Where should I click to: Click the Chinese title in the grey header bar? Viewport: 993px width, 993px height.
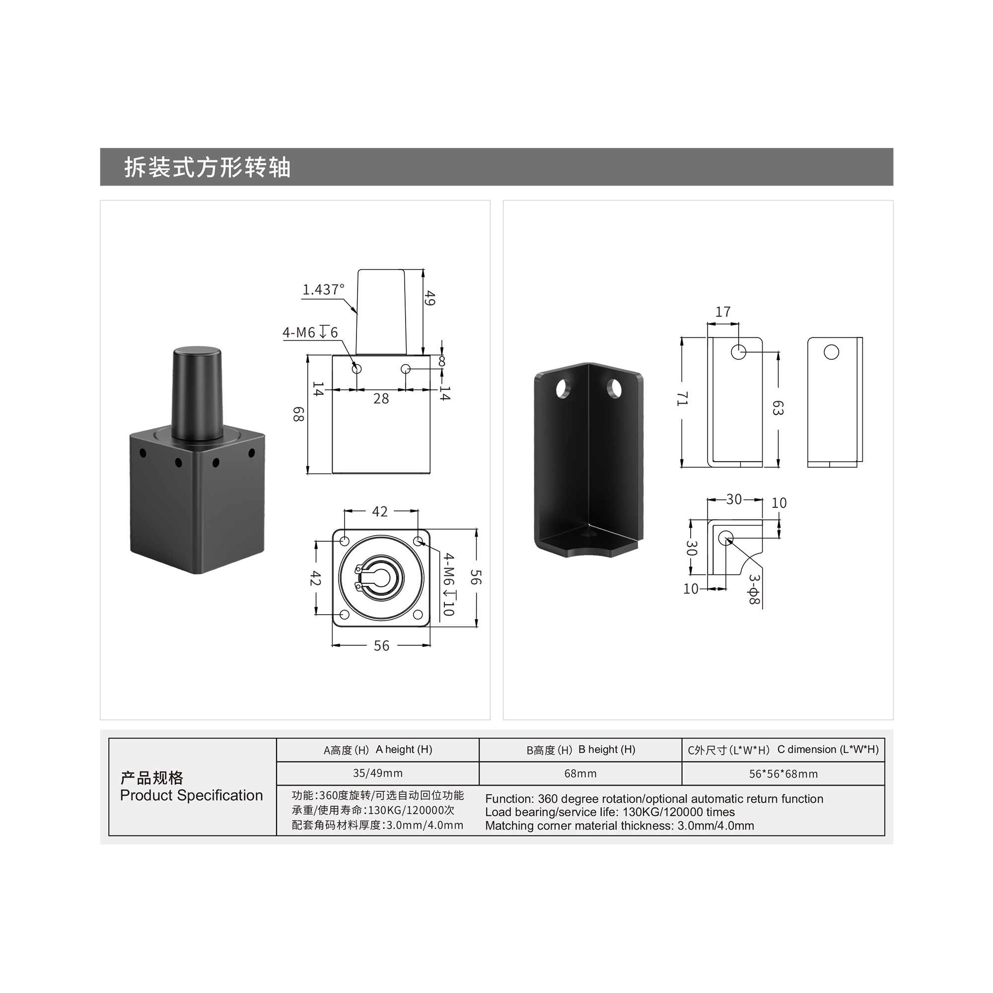[x=208, y=167]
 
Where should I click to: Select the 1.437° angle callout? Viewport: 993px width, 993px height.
[x=323, y=290]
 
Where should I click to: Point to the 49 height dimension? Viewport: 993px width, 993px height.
[x=430, y=298]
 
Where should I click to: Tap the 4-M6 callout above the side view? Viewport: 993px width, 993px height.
[x=310, y=333]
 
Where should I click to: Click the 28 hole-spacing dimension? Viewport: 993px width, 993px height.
[x=381, y=399]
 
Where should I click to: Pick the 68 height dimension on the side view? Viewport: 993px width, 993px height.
[x=298, y=414]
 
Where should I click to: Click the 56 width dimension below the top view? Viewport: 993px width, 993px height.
[x=381, y=645]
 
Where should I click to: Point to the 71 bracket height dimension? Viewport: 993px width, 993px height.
[x=682, y=398]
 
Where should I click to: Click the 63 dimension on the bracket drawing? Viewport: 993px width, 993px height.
[x=778, y=408]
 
